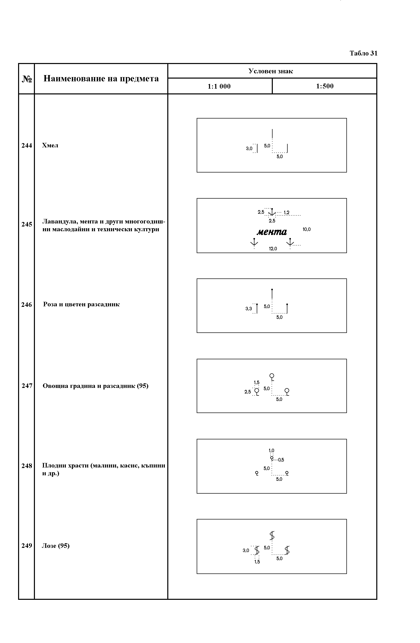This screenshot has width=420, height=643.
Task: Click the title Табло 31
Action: click(363, 53)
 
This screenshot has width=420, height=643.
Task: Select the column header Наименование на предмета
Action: click(101, 79)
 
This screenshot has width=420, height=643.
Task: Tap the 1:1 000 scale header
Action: click(219, 86)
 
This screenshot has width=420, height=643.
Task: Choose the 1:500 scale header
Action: click(325, 86)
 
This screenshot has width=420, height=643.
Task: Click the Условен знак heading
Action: click(271, 71)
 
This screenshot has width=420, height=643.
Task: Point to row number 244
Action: click(27, 146)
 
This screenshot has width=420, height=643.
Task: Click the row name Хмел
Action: click(50, 145)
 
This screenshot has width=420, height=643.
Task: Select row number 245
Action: click(27, 224)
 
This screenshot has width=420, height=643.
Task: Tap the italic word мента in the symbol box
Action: click(272, 232)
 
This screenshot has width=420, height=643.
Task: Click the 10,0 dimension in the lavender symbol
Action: click(306, 229)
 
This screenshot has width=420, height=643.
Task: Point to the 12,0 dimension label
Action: click(273, 249)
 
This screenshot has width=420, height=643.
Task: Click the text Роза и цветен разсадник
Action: click(81, 305)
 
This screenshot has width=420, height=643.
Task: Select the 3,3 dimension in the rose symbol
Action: click(248, 309)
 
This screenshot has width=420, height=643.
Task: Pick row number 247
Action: click(27, 386)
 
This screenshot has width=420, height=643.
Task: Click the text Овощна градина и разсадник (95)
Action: click(95, 386)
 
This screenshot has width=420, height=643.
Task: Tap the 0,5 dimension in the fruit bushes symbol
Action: click(281, 460)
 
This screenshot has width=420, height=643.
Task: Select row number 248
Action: click(27, 466)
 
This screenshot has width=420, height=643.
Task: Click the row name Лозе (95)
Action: click(56, 546)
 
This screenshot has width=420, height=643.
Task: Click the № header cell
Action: click(27, 79)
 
